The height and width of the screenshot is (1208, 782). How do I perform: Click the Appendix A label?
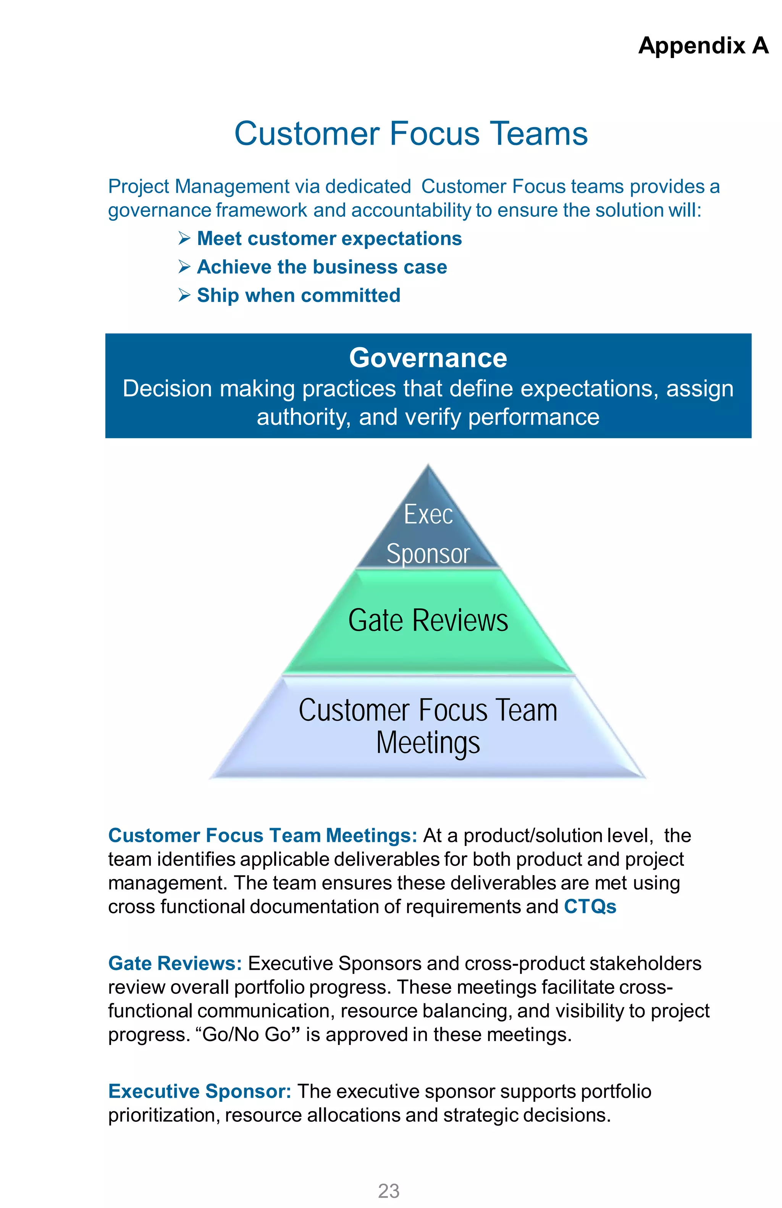coord(703,46)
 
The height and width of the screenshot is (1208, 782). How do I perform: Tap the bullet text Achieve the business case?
coord(322,267)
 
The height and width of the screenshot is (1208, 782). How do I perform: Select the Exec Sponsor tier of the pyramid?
coord(428,533)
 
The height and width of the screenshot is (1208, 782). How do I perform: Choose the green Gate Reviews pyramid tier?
coord(428,620)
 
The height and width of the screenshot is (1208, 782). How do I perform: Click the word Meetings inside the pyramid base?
coord(428,743)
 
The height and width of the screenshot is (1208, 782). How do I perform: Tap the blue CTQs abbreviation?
coord(590,906)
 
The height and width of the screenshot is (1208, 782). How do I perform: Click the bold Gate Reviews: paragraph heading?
coord(174,963)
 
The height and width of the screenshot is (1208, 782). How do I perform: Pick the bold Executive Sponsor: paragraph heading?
coord(199,1091)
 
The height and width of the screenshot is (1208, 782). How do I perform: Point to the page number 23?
coord(389,1191)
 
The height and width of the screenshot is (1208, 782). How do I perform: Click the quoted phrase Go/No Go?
coord(246,1034)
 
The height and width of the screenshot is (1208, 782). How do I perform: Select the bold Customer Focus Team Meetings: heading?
coord(262,835)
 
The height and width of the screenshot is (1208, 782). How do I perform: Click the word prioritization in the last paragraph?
coord(163,1115)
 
